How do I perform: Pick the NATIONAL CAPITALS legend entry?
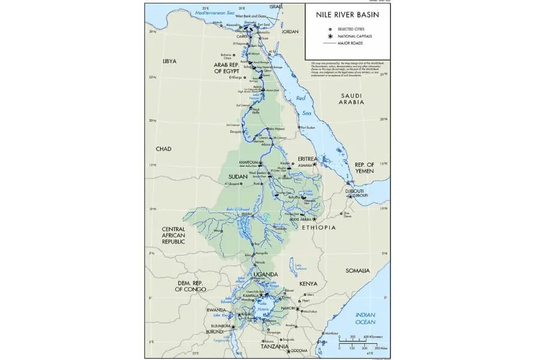pyautogui.click(x=354, y=36)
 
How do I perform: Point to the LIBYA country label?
pyautogui.click(x=170, y=61)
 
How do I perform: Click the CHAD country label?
pyautogui.click(x=163, y=149)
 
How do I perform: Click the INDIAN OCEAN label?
pyautogui.click(x=365, y=319)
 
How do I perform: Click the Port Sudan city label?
pyautogui.click(x=308, y=127)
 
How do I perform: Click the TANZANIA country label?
pyautogui.click(x=275, y=347)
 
